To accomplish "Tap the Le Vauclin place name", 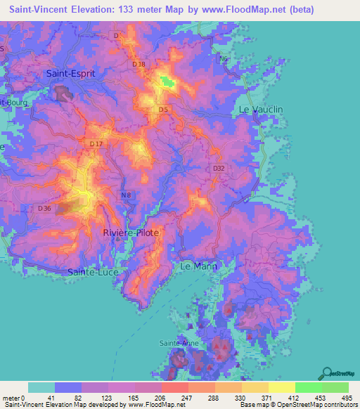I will point(261,110).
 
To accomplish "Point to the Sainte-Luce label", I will point(93,271).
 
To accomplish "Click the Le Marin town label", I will point(199,266).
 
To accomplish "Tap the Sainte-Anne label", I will point(179,343).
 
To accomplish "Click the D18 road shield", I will point(139,64).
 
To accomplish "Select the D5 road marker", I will point(163,110).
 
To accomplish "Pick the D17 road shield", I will point(96,144).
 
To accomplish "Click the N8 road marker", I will point(126,195).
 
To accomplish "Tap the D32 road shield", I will point(219,169).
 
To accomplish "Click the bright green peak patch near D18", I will point(167,82).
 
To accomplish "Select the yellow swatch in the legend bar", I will point(281,387).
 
